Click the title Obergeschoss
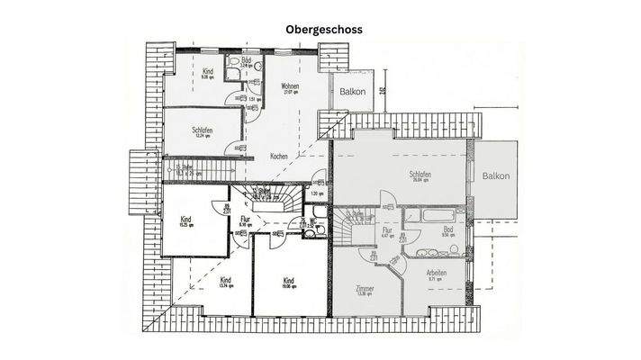coord(324,29)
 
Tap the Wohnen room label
coord(290,87)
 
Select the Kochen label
coord(280,156)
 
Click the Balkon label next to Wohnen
coord(352,91)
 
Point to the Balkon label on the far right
coord(495,176)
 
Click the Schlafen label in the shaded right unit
coord(419,174)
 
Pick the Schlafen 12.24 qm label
coord(202,130)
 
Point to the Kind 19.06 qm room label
coord(289,281)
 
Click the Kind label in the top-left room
coord(207,71)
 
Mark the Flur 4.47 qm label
coord(387,231)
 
